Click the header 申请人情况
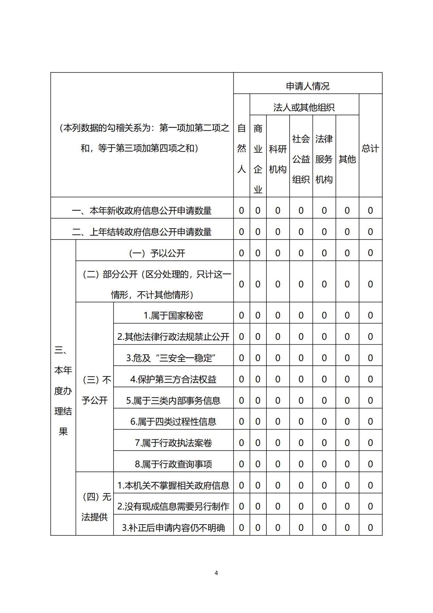point(307,86)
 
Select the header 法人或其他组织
point(304,107)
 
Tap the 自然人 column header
point(241,148)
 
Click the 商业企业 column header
point(258,159)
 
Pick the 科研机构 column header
point(278,159)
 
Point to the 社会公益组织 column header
point(301,159)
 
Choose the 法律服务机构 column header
point(324,159)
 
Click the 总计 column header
point(370,148)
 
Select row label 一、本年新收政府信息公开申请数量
point(142,211)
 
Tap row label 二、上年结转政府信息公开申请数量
point(142,232)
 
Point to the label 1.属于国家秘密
point(173,316)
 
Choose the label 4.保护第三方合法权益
point(173,379)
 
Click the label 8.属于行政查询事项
point(173,464)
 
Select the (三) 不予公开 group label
point(95,390)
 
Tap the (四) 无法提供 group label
point(95,507)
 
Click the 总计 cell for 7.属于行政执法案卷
point(370,443)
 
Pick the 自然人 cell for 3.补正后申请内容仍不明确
point(241,528)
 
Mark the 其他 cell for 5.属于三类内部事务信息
point(347,400)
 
